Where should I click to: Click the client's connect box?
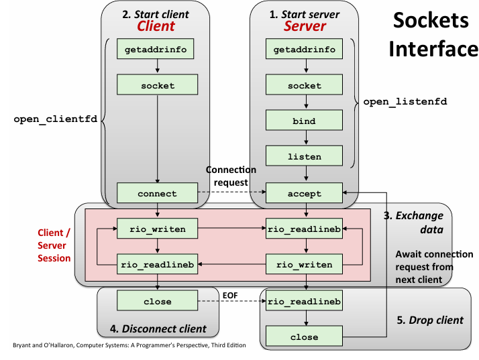[157, 194]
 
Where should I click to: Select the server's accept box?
[305, 194]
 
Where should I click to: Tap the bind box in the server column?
[305, 121]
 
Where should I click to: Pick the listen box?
[305, 157]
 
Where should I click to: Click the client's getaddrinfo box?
[157, 50]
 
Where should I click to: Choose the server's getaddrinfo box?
[305, 50]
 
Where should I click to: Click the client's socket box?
[157, 85]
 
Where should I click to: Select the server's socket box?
[305, 85]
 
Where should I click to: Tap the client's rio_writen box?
[157, 229]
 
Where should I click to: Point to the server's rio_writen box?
[305, 264]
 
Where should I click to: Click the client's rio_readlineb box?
[157, 264]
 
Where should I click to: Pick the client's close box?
[157, 301]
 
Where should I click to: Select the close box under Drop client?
[305, 337]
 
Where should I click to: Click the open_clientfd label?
[56, 119]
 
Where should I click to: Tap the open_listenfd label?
[405, 102]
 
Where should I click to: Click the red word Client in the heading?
[156, 26]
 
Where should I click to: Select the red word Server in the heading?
[305, 26]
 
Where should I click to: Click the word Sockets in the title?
[430, 20]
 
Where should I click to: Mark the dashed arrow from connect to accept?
[231, 194]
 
